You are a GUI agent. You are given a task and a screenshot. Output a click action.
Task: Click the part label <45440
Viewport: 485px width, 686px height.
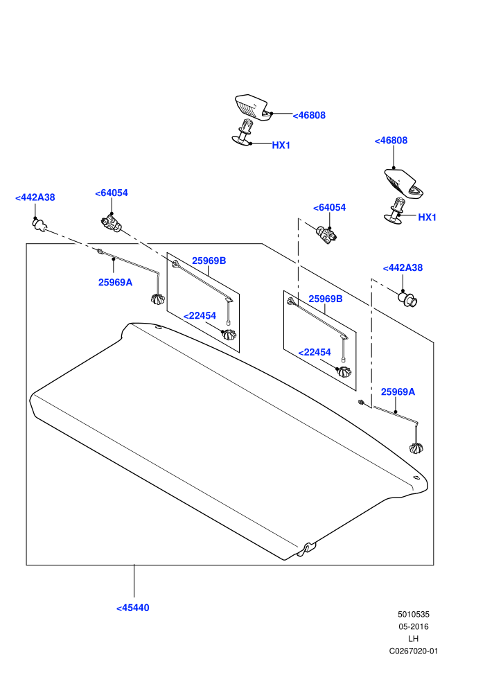pyautogui.click(x=133, y=608)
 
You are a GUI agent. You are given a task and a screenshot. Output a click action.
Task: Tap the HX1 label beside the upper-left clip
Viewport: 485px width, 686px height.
pyautogui.click(x=281, y=146)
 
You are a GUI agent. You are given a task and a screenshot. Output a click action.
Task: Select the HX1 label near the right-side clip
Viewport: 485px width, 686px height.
pyautogui.click(x=427, y=218)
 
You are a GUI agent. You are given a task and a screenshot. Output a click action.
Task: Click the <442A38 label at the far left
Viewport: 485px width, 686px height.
pyautogui.click(x=35, y=197)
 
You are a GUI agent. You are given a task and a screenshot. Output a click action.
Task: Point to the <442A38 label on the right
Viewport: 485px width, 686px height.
pyautogui.click(x=403, y=267)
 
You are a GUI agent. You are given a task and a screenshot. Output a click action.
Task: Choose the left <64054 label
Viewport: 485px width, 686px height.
pyautogui.click(x=112, y=193)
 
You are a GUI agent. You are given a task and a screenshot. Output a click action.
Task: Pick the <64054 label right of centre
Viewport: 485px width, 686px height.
pyautogui.click(x=329, y=207)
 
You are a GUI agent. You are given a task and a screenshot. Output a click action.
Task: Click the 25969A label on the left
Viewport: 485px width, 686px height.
pyautogui.click(x=115, y=282)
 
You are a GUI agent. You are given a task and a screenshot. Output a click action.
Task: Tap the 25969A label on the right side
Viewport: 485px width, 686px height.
pyautogui.click(x=398, y=392)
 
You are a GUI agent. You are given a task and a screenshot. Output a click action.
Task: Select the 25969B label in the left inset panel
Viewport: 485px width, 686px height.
pyautogui.click(x=209, y=261)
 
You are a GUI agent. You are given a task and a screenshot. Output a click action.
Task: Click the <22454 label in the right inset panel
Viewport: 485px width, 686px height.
pyautogui.click(x=315, y=352)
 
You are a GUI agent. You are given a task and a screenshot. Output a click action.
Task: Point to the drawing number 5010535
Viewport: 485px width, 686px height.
pyautogui.click(x=414, y=614)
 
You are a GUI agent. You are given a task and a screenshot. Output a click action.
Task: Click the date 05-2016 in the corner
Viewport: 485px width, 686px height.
pyautogui.click(x=414, y=626)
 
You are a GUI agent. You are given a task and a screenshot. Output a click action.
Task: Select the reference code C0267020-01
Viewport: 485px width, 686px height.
pyautogui.click(x=414, y=651)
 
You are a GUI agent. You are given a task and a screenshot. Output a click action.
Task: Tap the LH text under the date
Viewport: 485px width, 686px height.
pyautogui.click(x=413, y=639)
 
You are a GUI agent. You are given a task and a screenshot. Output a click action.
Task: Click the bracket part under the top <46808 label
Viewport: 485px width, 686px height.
pyautogui.click(x=252, y=107)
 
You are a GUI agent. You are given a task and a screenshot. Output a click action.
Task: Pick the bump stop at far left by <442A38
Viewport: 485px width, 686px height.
pyautogui.click(x=39, y=225)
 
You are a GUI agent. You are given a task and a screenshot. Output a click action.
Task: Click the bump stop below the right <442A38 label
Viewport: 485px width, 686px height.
pyautogui.click(x=407, y=299)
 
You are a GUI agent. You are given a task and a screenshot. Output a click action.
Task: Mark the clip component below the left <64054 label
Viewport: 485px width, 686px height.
pyautogui.click(x=111, y=222)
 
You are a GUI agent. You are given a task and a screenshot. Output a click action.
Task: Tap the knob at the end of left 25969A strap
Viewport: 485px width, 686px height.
pyautogui.click(x=157, y=299)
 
